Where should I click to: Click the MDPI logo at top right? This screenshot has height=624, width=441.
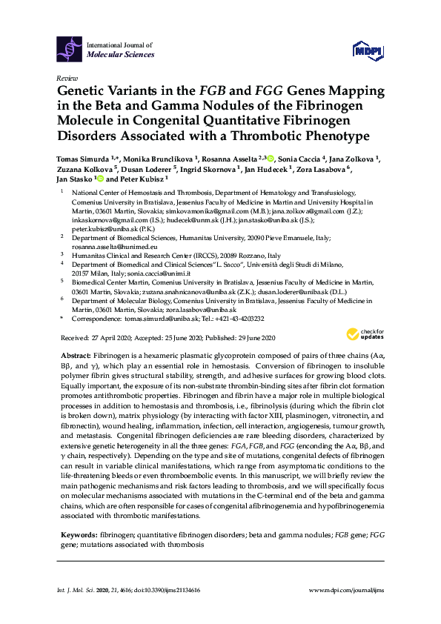(x=368, y=50)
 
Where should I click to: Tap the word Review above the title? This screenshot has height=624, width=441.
(x=66, y=78)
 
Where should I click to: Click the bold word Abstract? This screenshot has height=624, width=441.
(x=75, y=356)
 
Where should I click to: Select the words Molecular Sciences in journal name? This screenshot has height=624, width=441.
(x=120, y=55)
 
